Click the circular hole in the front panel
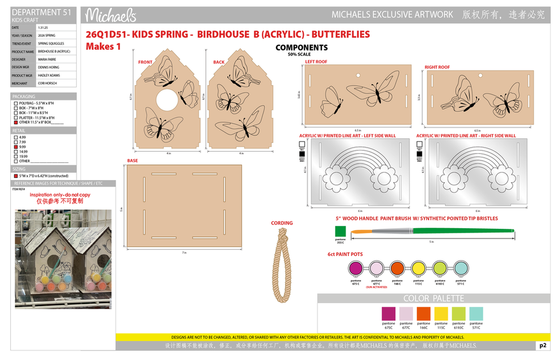pos(165,99)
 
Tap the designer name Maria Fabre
pos(47,59)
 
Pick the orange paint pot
pos(398,268)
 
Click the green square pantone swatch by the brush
pos(340,232)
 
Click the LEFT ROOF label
pos(316,61)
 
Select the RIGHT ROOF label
pos(437,67)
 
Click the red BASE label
pos(132,161)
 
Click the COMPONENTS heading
pos(302,48)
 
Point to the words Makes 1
pos(103,47)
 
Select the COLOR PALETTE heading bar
pos(433,298)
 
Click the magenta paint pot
pos(356,268)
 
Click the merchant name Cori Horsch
pos(46,83)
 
